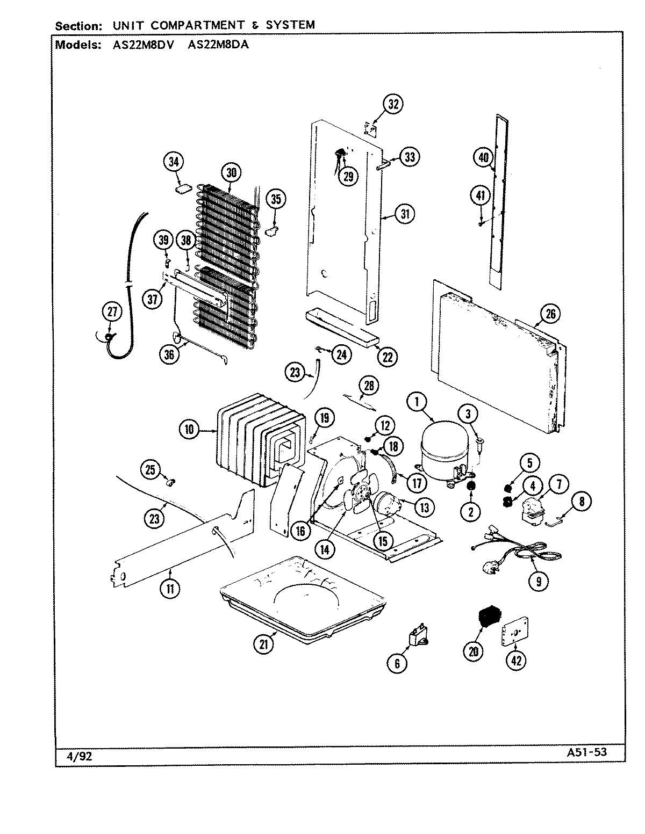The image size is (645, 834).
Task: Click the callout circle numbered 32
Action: tap(393, 104)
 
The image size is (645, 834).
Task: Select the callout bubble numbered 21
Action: tap(263, 644)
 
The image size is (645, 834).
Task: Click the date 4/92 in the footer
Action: tap(78, 756)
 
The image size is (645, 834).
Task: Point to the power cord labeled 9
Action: tap(516, 553)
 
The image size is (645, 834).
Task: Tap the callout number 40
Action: tap(483, 157)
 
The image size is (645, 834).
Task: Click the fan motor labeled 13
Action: tap(389, 506)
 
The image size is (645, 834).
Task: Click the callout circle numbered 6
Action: tap(397, 663)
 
